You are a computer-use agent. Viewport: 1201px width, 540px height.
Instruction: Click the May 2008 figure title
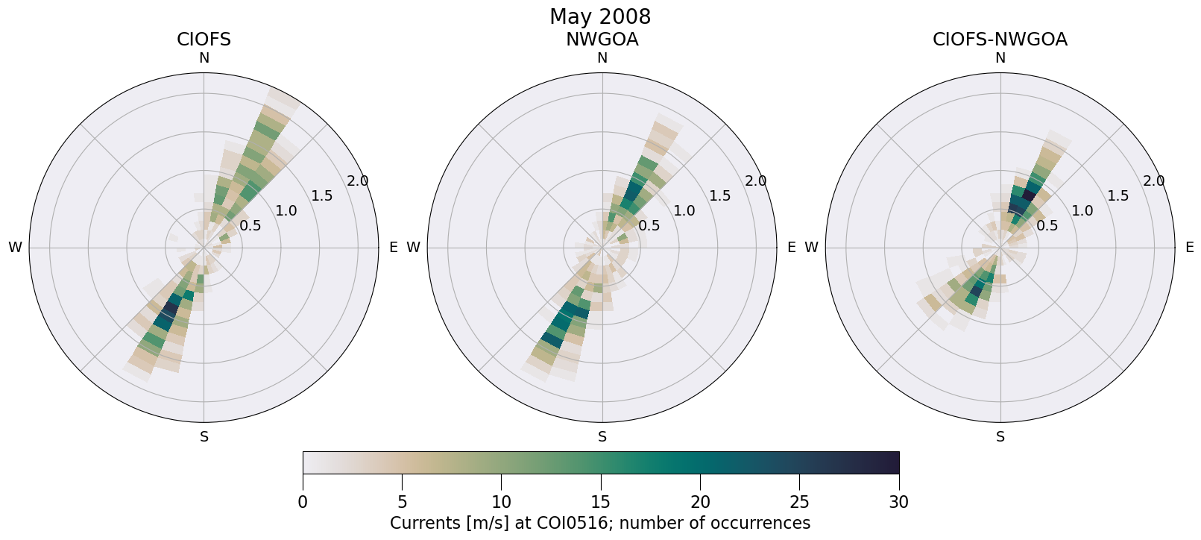600,16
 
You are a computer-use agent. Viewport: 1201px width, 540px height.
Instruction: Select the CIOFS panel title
204,40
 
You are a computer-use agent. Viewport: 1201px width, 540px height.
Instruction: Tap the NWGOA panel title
602,40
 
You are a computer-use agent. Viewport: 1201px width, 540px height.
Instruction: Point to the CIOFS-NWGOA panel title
1000,40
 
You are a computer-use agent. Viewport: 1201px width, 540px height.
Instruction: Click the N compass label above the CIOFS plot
204,58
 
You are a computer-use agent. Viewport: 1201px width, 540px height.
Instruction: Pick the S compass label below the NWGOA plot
602,437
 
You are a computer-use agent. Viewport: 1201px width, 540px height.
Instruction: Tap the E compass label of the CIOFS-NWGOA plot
1190,248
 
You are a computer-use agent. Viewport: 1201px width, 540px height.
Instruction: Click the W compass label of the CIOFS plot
15,248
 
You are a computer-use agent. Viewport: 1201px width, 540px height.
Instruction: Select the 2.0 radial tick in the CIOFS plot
358,181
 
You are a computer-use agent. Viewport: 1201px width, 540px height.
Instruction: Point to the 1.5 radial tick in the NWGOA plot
720,196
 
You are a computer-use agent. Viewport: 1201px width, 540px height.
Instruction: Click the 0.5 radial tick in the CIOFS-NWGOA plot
1047,225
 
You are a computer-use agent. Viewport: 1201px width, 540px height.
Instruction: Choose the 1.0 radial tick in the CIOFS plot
286,211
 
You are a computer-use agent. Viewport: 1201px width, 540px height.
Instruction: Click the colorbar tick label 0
303,503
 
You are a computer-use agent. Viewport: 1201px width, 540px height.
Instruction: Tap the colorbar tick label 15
601,503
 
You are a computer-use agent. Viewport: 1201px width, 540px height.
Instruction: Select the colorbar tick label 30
899,503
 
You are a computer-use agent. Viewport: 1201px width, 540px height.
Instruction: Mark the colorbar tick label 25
799,503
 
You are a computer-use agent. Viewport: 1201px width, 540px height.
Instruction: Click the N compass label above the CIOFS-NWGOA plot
1000,58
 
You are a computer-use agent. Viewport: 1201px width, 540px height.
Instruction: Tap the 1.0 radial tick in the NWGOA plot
684,211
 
